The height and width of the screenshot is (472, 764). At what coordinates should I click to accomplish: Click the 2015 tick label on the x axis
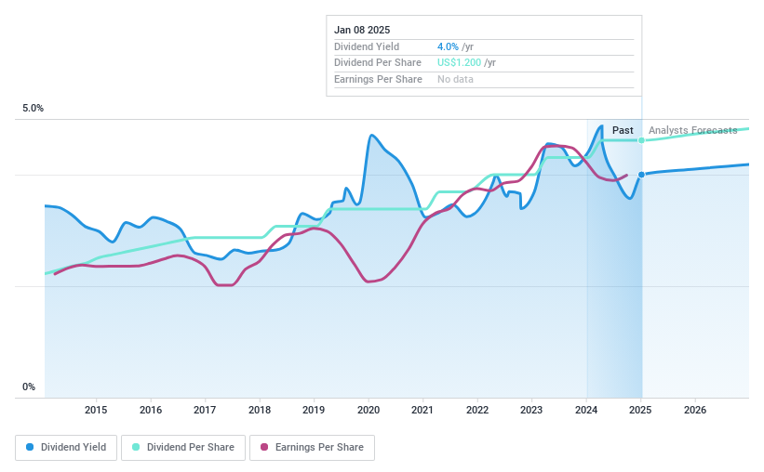(96, 410)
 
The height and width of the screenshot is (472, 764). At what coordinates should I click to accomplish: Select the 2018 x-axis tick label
(260, 410)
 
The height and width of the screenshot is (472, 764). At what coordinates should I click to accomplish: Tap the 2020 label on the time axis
(369, 410)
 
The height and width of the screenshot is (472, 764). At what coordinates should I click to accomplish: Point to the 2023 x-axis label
(531, 410)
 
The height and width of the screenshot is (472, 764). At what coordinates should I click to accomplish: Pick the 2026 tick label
(695, 410)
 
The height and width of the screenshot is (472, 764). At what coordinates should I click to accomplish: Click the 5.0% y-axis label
(34, 109)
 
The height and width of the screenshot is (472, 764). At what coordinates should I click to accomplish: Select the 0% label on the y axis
(29, 387)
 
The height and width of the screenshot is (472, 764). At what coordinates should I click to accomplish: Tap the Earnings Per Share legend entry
(312, 447)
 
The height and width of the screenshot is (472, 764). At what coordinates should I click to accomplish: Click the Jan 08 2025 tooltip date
(361, 30)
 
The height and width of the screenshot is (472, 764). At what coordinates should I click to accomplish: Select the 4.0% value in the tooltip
(447, 46)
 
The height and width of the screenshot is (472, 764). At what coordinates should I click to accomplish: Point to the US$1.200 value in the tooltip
(459, 63)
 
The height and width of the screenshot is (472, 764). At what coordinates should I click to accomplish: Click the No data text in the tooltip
(455, 80)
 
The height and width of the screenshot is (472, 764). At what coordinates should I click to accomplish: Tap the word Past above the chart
(623, 130)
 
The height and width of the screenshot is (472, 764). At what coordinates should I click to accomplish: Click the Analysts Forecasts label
(692, 130)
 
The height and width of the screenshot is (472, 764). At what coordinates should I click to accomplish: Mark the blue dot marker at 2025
(641, 175)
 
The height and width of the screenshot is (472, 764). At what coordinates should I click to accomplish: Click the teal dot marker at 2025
(641, 140)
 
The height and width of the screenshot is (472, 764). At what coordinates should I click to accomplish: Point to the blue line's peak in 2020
(371, 136)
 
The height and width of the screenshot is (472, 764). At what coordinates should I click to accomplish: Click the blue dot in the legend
(31, 447)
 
